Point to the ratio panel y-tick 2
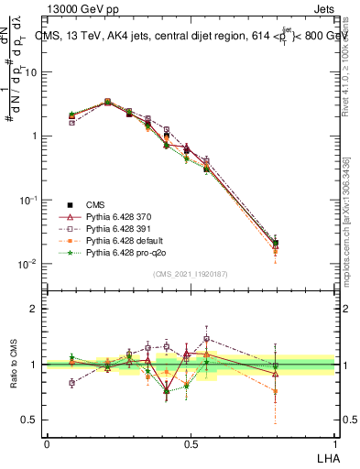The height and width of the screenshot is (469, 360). click(33, 309)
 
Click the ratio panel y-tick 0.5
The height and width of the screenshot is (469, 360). click(31, 420)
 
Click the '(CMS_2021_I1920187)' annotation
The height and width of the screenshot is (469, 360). click(190, 273)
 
